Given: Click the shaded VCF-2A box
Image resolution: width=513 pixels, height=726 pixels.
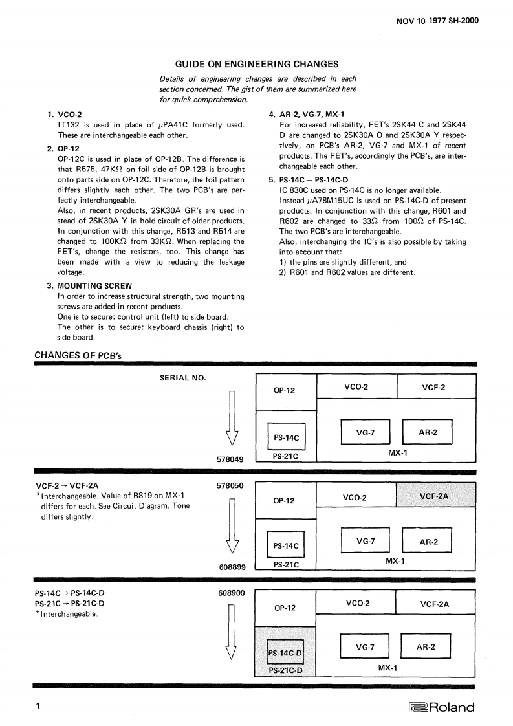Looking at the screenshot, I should pos(435,496).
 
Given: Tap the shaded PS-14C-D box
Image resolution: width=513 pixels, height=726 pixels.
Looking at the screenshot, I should pos(286,653).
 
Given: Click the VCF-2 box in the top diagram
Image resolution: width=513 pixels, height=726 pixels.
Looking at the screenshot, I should pos(435,387).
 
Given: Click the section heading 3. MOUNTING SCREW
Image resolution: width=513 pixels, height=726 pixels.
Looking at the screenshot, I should pos(91,285).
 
